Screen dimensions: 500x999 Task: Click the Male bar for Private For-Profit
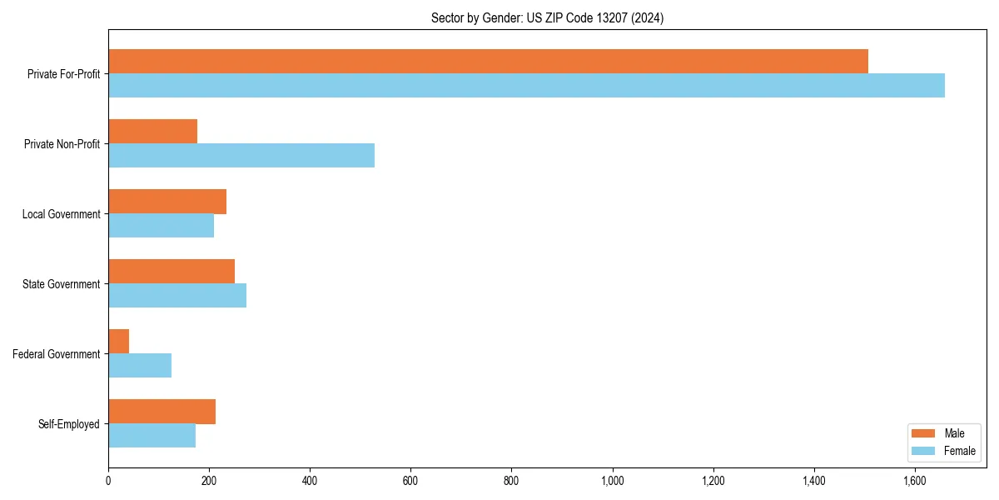coord(488,62)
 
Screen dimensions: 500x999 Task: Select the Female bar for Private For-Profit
coord(526,85)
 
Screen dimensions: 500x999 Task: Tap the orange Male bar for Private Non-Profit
coord(152,132)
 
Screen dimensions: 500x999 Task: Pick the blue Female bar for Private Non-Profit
coord(241,155)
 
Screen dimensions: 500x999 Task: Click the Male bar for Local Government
coord(167,202)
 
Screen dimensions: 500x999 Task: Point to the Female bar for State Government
coord(177,295)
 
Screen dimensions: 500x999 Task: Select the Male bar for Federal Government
coord(118,342)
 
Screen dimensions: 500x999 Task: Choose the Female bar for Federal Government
coord(140,365)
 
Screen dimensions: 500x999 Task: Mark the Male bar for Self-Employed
coord(162,412)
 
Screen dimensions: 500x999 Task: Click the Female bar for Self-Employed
coord(152,435)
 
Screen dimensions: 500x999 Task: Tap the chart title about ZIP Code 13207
coord(547,17)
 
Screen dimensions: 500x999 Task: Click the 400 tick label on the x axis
coord(310,481)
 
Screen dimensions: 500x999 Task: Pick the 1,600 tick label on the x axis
coord(915,481)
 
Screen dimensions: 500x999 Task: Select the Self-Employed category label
coord(68,424)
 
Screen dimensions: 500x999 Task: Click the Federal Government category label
coord(57,354)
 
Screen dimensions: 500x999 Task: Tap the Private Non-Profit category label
coord(62,144)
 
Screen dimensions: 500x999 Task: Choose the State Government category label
coord(62,284)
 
